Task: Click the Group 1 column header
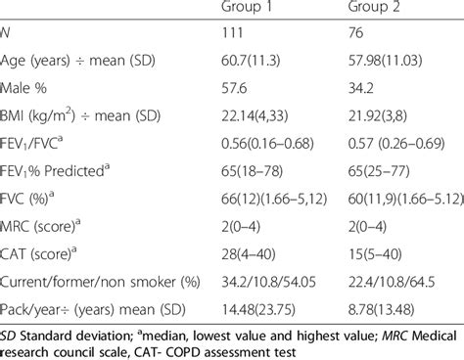click(247, 12)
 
